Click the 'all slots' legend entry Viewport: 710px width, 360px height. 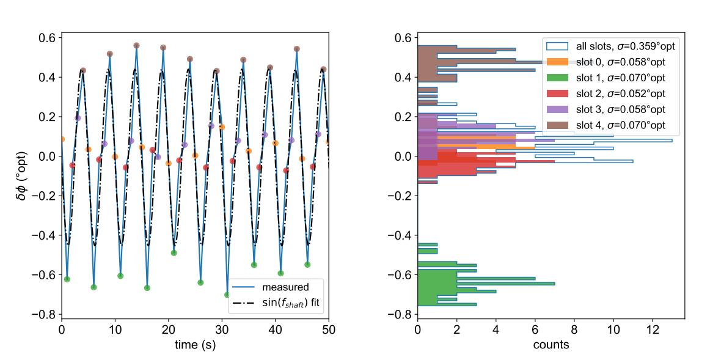[x=604, y=46]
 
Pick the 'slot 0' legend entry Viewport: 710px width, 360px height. [x=604, y=62]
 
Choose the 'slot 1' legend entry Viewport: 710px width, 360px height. [x=604, y=78]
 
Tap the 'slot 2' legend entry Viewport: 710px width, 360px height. [x=604, y=94]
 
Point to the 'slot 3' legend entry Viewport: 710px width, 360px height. [x=604, y=110]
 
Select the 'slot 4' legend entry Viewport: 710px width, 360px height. [x=604, y=126]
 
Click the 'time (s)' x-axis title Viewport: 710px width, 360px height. [x=195, y=345]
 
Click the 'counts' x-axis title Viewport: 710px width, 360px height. [x=550, y=345]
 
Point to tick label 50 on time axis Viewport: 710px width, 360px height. [x=329, y=329]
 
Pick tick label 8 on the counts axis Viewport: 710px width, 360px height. [x=574, y=329]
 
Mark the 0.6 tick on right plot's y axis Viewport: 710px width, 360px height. [x=403, y=38]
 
